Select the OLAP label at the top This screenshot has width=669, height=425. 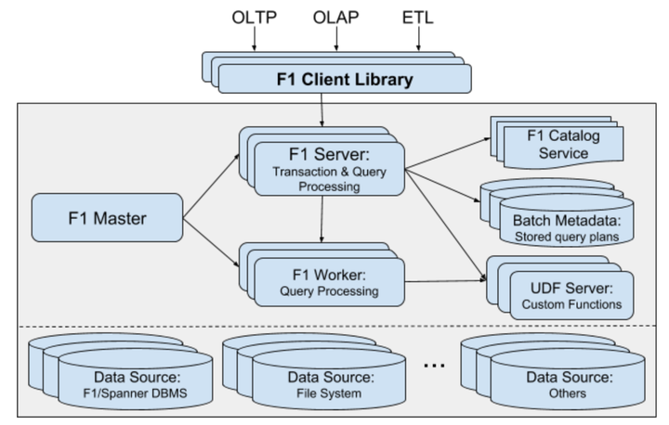[337, 18]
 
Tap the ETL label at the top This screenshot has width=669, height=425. [419, 18]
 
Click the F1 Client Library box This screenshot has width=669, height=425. [344, 79]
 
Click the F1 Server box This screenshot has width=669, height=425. [330, 167]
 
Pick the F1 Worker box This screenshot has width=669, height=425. [330, 282]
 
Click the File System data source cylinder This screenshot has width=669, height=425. [330, 384]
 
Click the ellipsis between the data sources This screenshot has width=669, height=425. [434, 366]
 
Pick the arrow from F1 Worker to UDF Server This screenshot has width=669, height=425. [446, 280]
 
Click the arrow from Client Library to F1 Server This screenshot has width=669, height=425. [321, 112]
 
